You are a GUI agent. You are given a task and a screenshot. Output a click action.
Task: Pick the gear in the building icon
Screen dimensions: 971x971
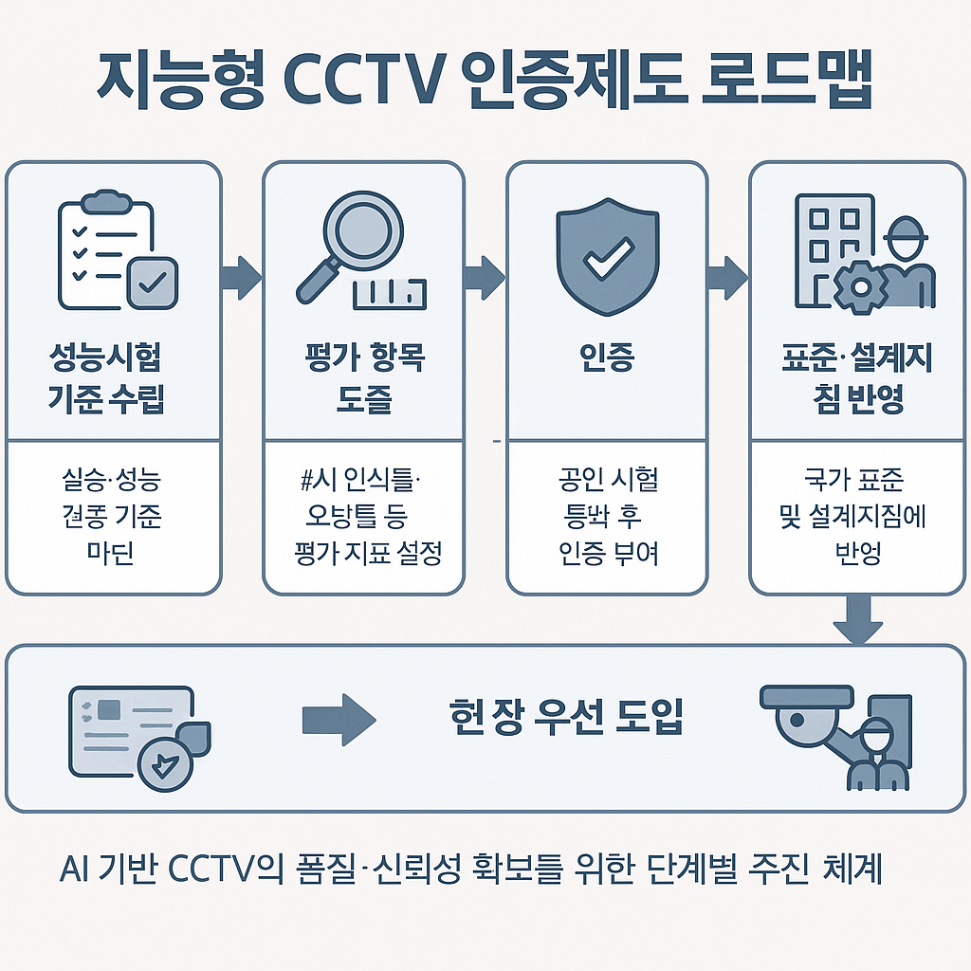(x=859, y=284)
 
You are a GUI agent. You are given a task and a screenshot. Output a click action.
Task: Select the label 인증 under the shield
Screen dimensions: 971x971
(x=606, y=359)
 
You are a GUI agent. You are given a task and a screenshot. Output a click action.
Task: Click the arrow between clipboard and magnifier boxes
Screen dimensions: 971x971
(x=241, y=276)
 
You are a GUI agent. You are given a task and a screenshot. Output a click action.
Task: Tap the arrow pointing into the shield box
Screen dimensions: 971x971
(x=485, y=276)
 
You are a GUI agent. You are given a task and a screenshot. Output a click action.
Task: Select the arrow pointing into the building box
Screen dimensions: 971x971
(x=728, y=276)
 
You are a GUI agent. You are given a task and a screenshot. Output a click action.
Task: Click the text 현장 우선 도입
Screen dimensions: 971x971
(x=565, y=718)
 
